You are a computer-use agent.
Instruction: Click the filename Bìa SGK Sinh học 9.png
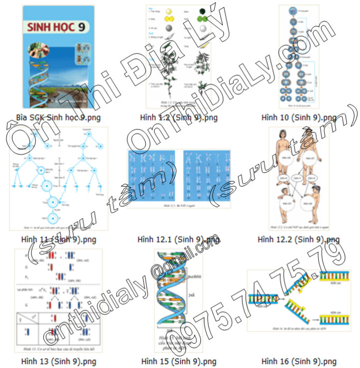59,117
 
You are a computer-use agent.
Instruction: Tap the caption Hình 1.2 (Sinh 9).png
179,117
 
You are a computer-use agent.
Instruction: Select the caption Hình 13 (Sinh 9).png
59,361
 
